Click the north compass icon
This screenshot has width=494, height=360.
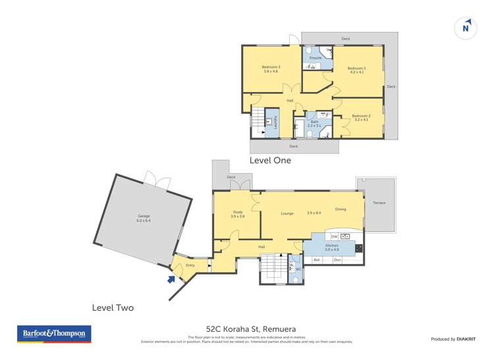466,28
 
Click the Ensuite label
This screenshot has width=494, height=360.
316,58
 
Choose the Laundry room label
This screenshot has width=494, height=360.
275,123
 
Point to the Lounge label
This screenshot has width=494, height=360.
287,213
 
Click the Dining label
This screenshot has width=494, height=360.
340,209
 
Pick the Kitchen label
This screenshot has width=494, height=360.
331,247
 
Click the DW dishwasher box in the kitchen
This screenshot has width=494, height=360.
334,236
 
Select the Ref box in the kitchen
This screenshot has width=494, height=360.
317,260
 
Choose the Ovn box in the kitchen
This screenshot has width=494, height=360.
337,260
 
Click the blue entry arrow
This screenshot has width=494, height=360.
171,278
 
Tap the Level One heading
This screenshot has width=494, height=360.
270,160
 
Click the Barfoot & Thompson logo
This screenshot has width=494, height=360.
54,334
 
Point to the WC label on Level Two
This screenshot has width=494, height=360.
298,269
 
